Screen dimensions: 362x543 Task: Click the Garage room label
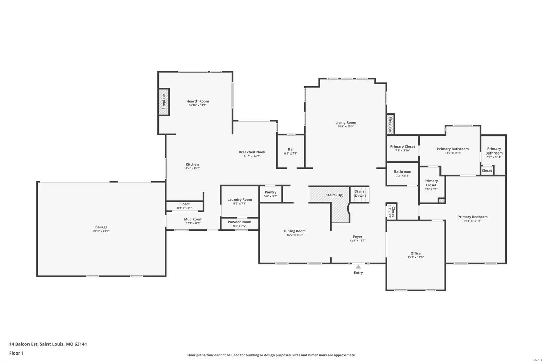pos(101,227)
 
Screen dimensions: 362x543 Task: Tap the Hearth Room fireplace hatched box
pos(164,102)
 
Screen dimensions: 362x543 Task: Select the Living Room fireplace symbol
pos(390,124)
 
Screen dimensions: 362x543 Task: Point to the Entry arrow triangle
pos(358,267)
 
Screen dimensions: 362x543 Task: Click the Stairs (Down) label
pos(360,193)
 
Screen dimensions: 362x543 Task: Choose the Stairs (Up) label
pos(334,195)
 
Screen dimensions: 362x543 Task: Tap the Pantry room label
pos(270,192)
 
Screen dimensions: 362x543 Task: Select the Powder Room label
pos(240,222)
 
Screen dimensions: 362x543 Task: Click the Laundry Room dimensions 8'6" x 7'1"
pos(240,204)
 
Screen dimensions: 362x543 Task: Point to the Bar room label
pos(291,149)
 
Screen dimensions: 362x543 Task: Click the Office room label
pos(415,253)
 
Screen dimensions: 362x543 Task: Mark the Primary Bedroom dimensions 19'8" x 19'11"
pos(472,221)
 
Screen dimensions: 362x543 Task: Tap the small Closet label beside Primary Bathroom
pos(487,170)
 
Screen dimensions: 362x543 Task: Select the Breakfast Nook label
pos(252,152)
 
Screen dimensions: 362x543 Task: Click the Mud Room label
pos(193,219)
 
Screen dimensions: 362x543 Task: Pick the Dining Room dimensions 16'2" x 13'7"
pos(295,235)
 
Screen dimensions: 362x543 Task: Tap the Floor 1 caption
pos(16,353)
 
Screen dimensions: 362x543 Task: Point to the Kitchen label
pos(192,164)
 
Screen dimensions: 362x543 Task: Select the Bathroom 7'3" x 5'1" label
pos(402,171)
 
